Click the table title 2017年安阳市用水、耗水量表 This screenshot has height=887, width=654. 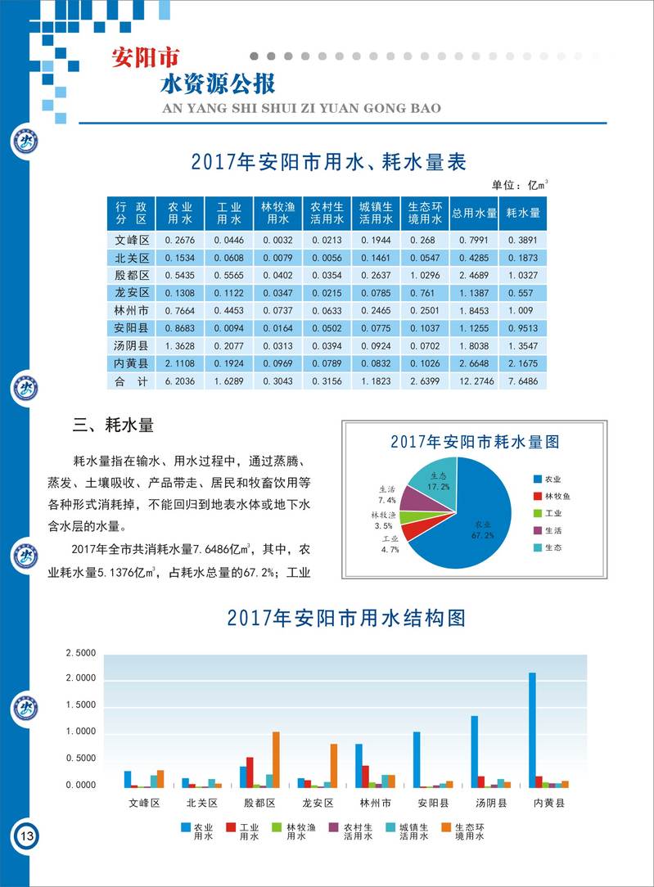[327, 162]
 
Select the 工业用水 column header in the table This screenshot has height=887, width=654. [228, 213]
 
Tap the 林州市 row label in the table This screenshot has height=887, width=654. [131, 311]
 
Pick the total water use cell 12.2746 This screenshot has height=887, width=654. [475, 382]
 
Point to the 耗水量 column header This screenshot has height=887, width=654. [523, 213]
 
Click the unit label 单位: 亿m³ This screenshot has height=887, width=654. [519, 185]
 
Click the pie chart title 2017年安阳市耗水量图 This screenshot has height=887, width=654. [475, 442]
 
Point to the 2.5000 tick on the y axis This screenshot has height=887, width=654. [80, 653]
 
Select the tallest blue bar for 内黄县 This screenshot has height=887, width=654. [532, 728]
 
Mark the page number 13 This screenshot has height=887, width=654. [25, 836]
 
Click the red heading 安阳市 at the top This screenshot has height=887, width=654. [144, 60]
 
